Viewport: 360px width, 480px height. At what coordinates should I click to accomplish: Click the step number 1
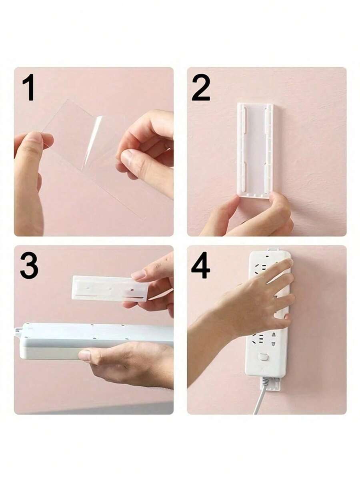click(28, 87)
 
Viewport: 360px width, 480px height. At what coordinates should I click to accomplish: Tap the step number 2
click(200, 87)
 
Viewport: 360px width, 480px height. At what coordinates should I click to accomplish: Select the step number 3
click(29, 265)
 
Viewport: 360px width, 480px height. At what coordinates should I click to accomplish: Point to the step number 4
click(200, 265)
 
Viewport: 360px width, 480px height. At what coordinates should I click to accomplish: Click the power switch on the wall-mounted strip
click(262, 356)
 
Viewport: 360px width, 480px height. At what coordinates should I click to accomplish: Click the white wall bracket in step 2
click(255, 148)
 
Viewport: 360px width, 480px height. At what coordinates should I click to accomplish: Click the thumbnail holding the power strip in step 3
click(85, 355)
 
